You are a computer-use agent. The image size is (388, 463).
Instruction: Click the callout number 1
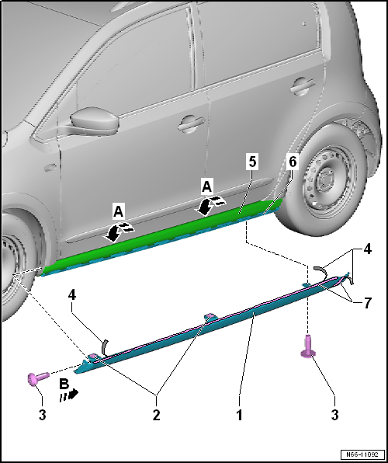[240, 416]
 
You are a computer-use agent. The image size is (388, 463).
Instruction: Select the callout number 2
[157, 416]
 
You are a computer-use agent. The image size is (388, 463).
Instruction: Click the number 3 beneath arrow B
[42, 416]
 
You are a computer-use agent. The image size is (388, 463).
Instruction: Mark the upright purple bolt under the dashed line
[308, 346]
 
